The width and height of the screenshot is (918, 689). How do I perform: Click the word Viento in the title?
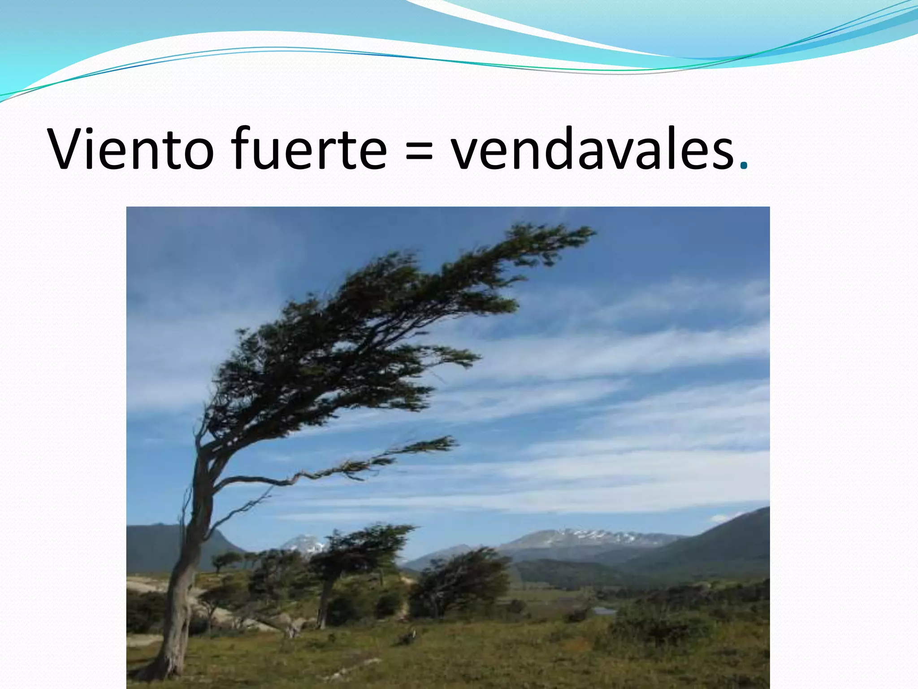(130, 148)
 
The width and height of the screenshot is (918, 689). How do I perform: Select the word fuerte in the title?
(310, 148)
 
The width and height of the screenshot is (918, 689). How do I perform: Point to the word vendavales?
(592, 148)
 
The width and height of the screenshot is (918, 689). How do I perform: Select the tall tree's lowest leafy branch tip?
(453, 442)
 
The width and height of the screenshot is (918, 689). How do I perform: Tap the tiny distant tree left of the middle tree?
(224, 561)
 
